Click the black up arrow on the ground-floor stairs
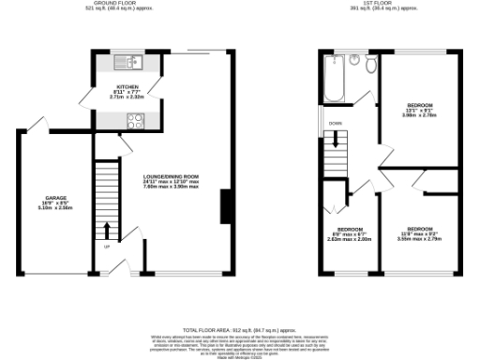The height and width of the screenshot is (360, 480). [x=108, y=229]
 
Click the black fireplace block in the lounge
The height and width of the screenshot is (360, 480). [x=226, y=206]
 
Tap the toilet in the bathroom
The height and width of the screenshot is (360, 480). [x=371, y=65]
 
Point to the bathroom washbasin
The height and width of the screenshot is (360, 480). [x=354, y=60]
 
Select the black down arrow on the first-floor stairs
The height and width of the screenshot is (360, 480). [x=331, y=139]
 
